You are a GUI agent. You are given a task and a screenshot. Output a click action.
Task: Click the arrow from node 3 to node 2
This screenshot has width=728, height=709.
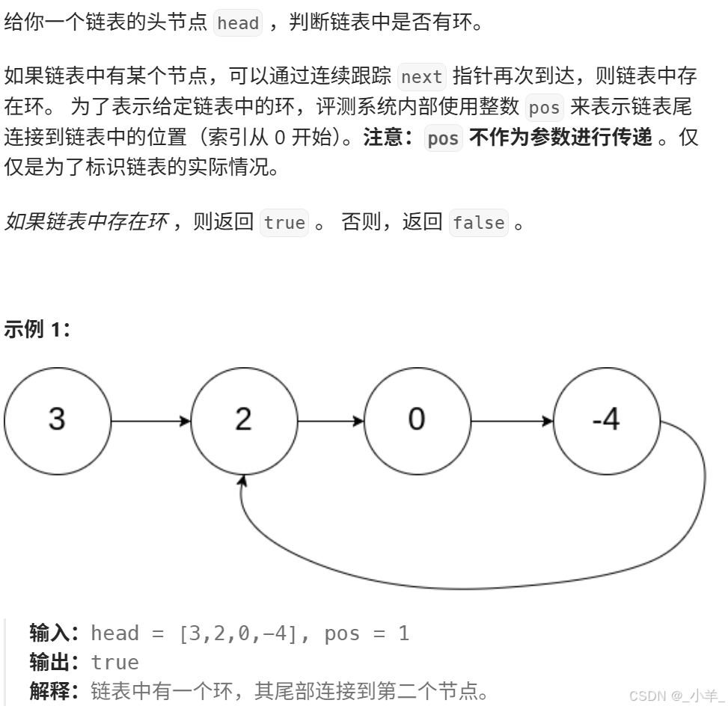[x=150, y=421]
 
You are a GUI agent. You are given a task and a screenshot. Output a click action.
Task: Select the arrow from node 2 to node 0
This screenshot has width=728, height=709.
[x=331, y=421]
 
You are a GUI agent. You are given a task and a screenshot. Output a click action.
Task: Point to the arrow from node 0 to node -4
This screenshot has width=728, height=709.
[x=513, y=421]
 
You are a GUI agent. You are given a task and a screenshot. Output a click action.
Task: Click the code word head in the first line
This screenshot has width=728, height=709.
[x=238, y=23]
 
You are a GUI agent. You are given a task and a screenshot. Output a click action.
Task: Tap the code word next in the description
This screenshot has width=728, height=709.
[x=422, y=77]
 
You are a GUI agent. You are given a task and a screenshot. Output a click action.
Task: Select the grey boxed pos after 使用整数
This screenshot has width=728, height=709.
[x=544, y=108]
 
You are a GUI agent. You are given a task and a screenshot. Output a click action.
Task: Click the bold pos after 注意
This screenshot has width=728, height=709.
[x=443, y=139]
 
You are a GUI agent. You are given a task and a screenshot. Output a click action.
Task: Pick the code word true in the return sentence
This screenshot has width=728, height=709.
[x=284, y=223]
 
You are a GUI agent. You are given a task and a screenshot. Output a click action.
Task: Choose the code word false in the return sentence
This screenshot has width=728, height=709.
[x=479, y=223]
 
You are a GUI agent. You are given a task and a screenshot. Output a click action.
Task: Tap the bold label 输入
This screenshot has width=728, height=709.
[x=49, y=633]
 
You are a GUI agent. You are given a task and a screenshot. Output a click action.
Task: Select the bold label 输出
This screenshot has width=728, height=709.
[x=49, y=662]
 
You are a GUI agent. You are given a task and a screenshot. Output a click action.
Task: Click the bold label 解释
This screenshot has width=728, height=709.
[x=49, y=690]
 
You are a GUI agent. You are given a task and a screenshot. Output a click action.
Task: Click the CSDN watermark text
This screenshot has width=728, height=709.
[x=671, y=696]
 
